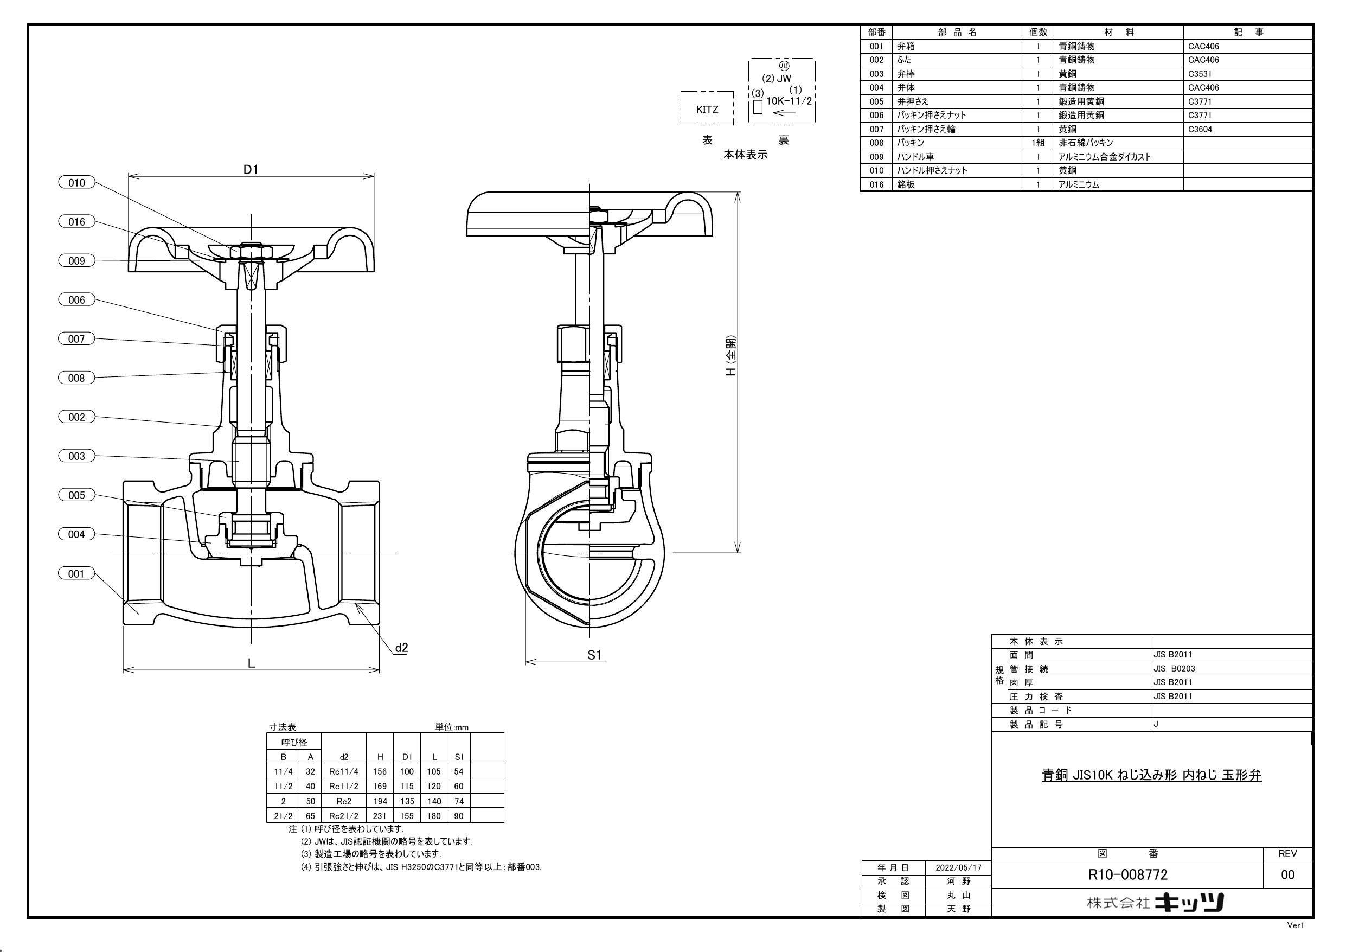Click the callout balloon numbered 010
click(77, 183)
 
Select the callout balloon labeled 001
click(77, 574)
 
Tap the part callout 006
click(77, 301)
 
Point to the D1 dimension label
click(251, 170)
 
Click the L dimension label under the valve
click(251, 663)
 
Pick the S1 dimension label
click(594, 655)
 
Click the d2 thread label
click(401, 648)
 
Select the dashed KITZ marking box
click(707, 109)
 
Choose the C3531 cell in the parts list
click(1200, 74)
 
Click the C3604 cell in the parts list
click(1200, 129)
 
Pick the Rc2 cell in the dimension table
click(344, 801)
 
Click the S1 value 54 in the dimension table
click(459, 772)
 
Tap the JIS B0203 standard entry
click(1174, 669)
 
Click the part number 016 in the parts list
click(876, 185)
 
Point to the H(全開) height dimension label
click(731, 356)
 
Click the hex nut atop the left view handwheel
click(251, 251)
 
